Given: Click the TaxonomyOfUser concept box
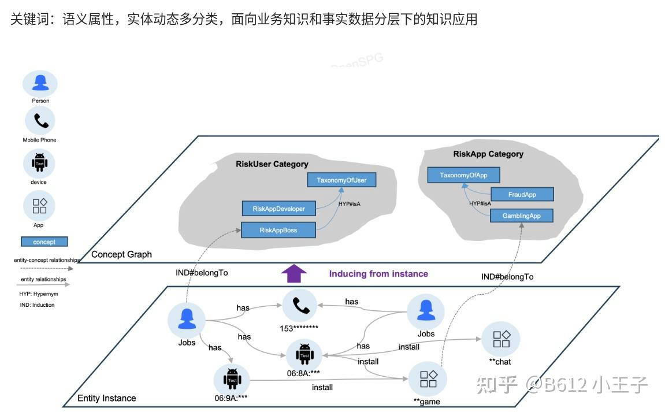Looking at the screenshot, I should tap(341, 180).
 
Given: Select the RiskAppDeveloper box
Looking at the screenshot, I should tap(278, 209).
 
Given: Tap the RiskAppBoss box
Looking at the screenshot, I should tap(278, 230).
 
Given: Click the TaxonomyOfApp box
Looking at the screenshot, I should tap(463, 175).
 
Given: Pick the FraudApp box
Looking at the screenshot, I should tap(522, 195).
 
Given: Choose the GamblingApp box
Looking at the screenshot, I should tap(522, 216).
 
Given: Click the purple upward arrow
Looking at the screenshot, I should tap(294, 273).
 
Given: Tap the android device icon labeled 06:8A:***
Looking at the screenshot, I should tap(304, 353).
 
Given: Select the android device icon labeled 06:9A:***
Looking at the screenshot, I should tap(232, 378).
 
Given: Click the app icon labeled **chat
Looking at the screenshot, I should tap(500, 339).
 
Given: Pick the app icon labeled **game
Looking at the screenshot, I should tap(428, 379).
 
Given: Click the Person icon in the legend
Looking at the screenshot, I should tap(40, 84).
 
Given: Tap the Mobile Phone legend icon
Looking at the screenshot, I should tap(40, 121).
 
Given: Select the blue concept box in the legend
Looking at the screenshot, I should tap(44, 242).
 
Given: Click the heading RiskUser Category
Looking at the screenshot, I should tap(272, 164).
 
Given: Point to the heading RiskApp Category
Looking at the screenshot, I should tap(488, 154).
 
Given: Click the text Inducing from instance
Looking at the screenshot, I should tap(378, 273).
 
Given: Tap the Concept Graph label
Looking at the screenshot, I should tap(121, 254).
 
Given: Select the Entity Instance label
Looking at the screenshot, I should tap(107, 398).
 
